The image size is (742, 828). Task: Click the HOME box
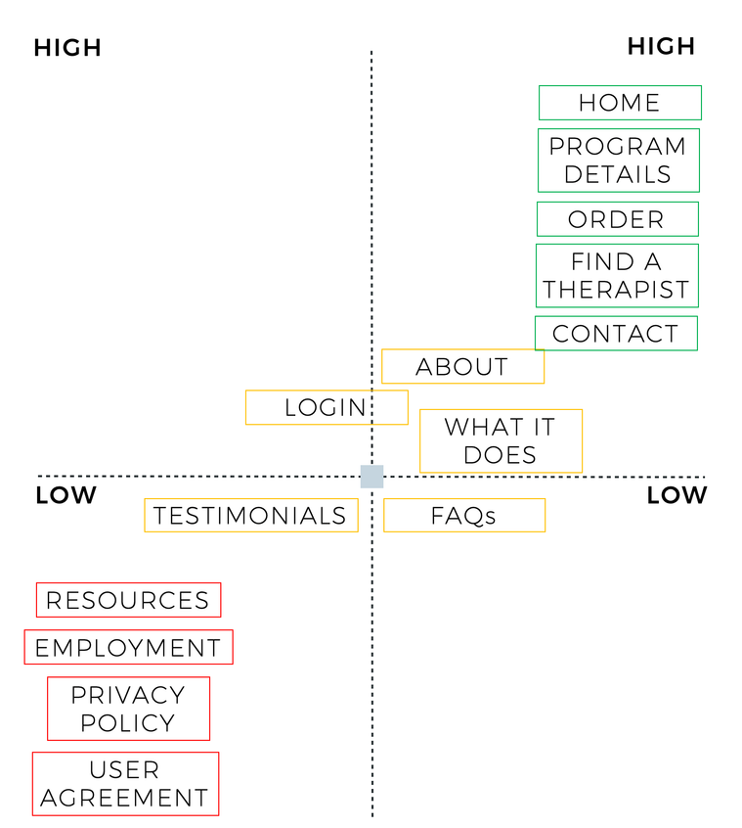620,103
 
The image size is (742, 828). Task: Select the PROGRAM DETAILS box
619,160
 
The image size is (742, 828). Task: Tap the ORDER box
618,219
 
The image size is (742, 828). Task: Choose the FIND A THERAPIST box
617,276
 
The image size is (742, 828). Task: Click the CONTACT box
616,333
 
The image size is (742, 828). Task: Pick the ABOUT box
462,366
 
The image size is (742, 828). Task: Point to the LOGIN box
327,407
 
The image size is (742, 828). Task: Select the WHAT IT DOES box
501,441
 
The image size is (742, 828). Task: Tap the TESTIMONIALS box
251,515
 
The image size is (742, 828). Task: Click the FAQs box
464,515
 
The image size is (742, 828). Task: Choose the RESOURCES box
128,600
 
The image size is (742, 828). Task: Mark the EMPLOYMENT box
128,647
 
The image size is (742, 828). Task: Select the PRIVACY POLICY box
128,709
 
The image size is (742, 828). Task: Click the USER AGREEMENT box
125,784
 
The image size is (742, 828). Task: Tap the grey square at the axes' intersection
371,477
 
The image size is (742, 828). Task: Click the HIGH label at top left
67,48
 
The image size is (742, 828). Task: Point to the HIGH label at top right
661,46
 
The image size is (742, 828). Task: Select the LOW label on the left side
66,495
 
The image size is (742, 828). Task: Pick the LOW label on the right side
677,495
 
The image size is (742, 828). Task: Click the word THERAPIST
617,290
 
